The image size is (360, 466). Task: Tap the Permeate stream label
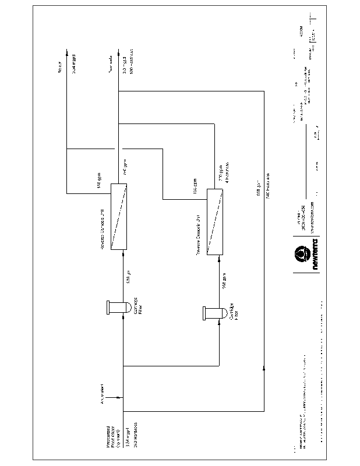pyautogui.click(x=110, y=70)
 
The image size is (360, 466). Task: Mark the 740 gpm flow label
pyautogui.click(x=123, y=168)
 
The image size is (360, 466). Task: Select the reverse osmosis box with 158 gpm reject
pyautogui.click(x=119, y=217)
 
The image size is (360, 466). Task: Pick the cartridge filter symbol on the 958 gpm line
pyautogui.click(x=211, y=313)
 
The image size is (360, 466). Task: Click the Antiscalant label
pyautogui.click(x=102, y=394)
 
